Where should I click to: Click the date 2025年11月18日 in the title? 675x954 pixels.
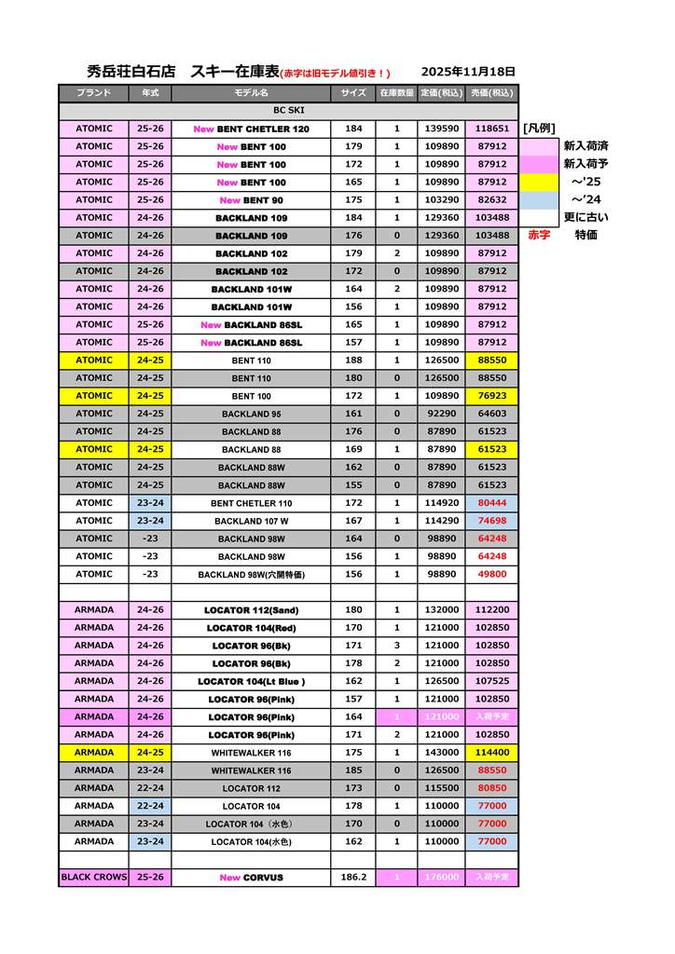[x=468, y=72]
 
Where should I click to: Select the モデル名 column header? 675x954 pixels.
[x=251, y=93]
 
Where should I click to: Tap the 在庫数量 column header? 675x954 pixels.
[x=396, y=93]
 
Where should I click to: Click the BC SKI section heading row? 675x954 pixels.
[x=288, y=111]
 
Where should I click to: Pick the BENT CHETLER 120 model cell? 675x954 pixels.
[x=251, y=129]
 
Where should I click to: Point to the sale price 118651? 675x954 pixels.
[x=491, y=129]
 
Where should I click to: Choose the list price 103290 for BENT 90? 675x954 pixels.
[x=441, y=200]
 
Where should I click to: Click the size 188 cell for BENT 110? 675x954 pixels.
[x=353, y=361]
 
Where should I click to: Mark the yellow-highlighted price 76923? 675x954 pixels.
[x=491, y=396]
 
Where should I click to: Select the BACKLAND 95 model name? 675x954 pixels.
[x=251, y=414]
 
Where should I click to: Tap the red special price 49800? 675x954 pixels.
[x=491, y=574]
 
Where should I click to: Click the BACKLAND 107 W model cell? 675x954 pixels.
[x=251, y=521]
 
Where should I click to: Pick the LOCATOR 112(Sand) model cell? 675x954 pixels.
[x=251, y=610]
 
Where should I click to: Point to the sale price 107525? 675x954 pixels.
[x=491, y=681]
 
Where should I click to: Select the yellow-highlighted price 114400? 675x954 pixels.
[x=491, y=753]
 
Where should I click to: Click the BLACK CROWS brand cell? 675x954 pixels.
[x=93, y=878]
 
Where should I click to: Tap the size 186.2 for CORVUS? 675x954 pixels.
[x=353, y=878]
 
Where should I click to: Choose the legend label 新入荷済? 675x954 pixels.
[x=585, y=146]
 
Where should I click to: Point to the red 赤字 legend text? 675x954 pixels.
[x=539, y=236]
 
